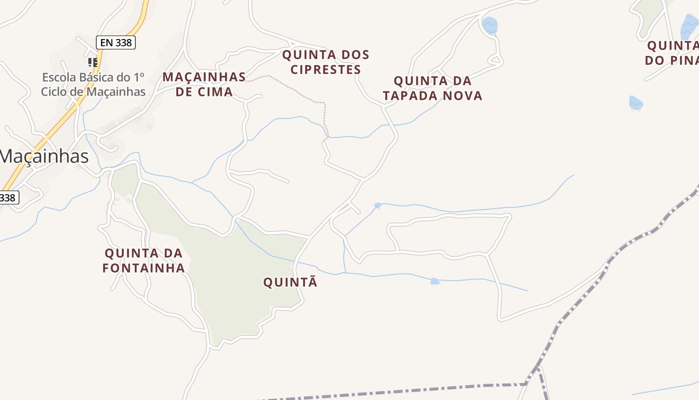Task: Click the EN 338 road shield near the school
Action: coord(116,42)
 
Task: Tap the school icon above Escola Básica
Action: coord(92,62)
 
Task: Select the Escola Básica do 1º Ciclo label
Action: coord(93,84)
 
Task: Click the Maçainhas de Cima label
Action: coord(204,84)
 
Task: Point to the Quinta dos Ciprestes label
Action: coord(326,62)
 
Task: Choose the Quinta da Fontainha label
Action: coord(144,260)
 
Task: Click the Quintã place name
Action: coord(290,282)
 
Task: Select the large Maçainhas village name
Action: coord(44,156)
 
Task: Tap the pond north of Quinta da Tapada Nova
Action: coord(489,25)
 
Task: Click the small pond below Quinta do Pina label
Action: coord(636,103)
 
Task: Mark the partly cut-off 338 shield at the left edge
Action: coord(8,197)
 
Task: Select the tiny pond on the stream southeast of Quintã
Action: coord(435,282)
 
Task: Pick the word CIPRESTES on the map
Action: coord(326,69)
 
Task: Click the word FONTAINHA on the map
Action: coord(144,268)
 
